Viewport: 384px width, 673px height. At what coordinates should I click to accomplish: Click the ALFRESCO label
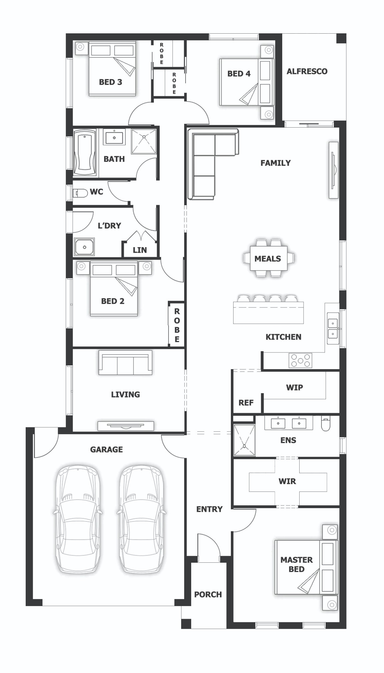point(307,71)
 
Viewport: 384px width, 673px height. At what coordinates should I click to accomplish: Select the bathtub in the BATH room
point(85,153)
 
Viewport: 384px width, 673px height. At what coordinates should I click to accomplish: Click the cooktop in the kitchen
point(300,360)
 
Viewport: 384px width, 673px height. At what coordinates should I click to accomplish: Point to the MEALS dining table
point(268,259)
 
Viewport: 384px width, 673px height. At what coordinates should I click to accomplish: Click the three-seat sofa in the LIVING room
point(125,363)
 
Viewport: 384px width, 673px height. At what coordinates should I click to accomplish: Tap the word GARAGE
point(106,449)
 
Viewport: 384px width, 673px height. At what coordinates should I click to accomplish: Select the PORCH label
point(208,594)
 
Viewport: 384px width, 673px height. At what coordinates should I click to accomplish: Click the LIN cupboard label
point(139,250)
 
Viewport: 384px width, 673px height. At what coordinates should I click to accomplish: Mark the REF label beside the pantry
point(246,403)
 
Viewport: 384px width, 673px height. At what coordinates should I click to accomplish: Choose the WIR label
point(287,481)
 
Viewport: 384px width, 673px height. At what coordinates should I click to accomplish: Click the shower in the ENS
point(244,440)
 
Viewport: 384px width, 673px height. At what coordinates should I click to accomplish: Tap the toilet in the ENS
point(325,424)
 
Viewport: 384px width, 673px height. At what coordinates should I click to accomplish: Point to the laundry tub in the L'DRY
point(84,247)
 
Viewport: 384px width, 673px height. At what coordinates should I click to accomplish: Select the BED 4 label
point(239,74)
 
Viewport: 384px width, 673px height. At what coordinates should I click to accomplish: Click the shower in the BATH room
point(144,141)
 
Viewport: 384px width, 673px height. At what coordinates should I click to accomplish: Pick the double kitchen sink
point(333,328)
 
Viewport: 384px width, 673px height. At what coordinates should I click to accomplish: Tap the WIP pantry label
point(294,387)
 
